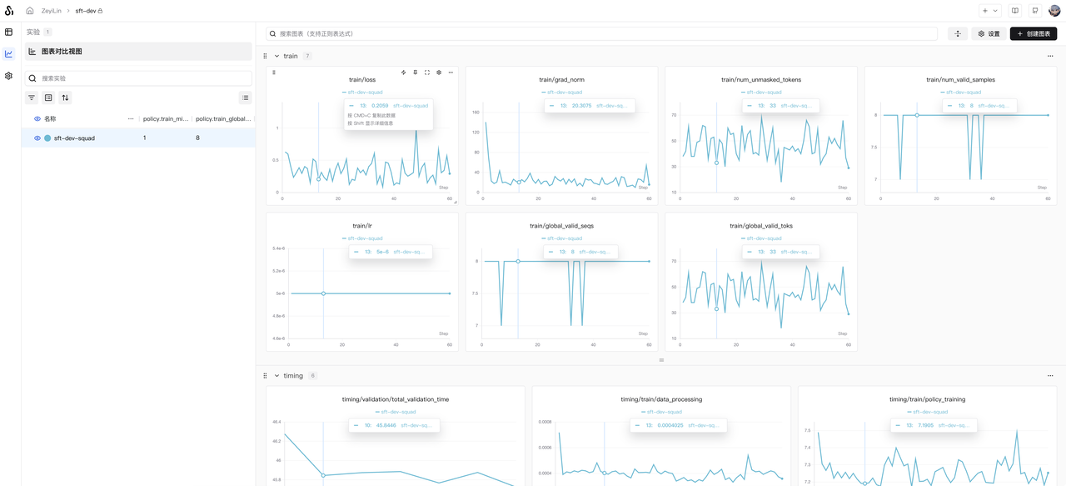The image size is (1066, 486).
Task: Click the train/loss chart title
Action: (362, 80)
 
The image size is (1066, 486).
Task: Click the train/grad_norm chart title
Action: (561, 80)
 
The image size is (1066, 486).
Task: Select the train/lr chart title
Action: (362, 226)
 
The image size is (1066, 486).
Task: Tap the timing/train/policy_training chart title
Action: (927, 399)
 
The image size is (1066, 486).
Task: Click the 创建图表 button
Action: (1033, 33)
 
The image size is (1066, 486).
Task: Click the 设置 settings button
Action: (989, 33)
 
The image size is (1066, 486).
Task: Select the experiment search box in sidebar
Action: (138, 78)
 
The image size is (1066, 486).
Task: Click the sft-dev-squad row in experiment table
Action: (74, 138)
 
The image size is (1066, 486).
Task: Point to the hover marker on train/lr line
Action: (324, 293)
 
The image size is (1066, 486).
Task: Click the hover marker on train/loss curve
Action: (318, 179)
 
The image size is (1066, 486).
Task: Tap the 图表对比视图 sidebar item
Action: (62, 52)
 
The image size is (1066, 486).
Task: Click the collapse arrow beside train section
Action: (276, 57)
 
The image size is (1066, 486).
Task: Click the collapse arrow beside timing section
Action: (276, 376)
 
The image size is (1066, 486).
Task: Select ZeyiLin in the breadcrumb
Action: (52, 11)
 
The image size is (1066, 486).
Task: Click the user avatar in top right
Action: (1054, 11)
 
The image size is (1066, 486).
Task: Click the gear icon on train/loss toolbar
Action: (439, 73)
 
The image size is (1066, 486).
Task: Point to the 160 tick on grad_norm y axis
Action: (476, 112)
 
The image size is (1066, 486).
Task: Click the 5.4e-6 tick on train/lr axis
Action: (277, 248)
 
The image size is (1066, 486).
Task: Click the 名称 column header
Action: (50, 119)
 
